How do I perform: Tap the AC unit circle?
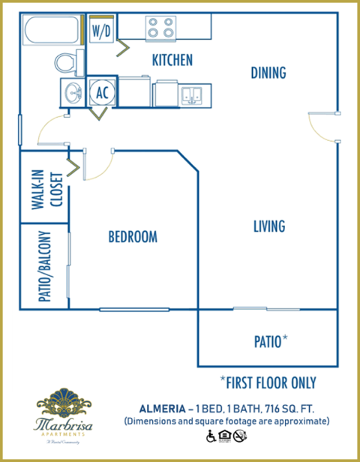coord(101,91)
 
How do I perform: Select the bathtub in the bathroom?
coord(51,32)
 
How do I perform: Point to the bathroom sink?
coord(73,93)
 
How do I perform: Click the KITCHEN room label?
coord(172,60)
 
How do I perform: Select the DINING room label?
coord(268,73)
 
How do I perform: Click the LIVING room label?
coord(268,226)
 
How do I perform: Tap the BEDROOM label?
coord(133,237)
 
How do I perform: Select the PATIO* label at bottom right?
coord(271,341)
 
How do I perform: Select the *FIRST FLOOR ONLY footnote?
coord(268,382)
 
